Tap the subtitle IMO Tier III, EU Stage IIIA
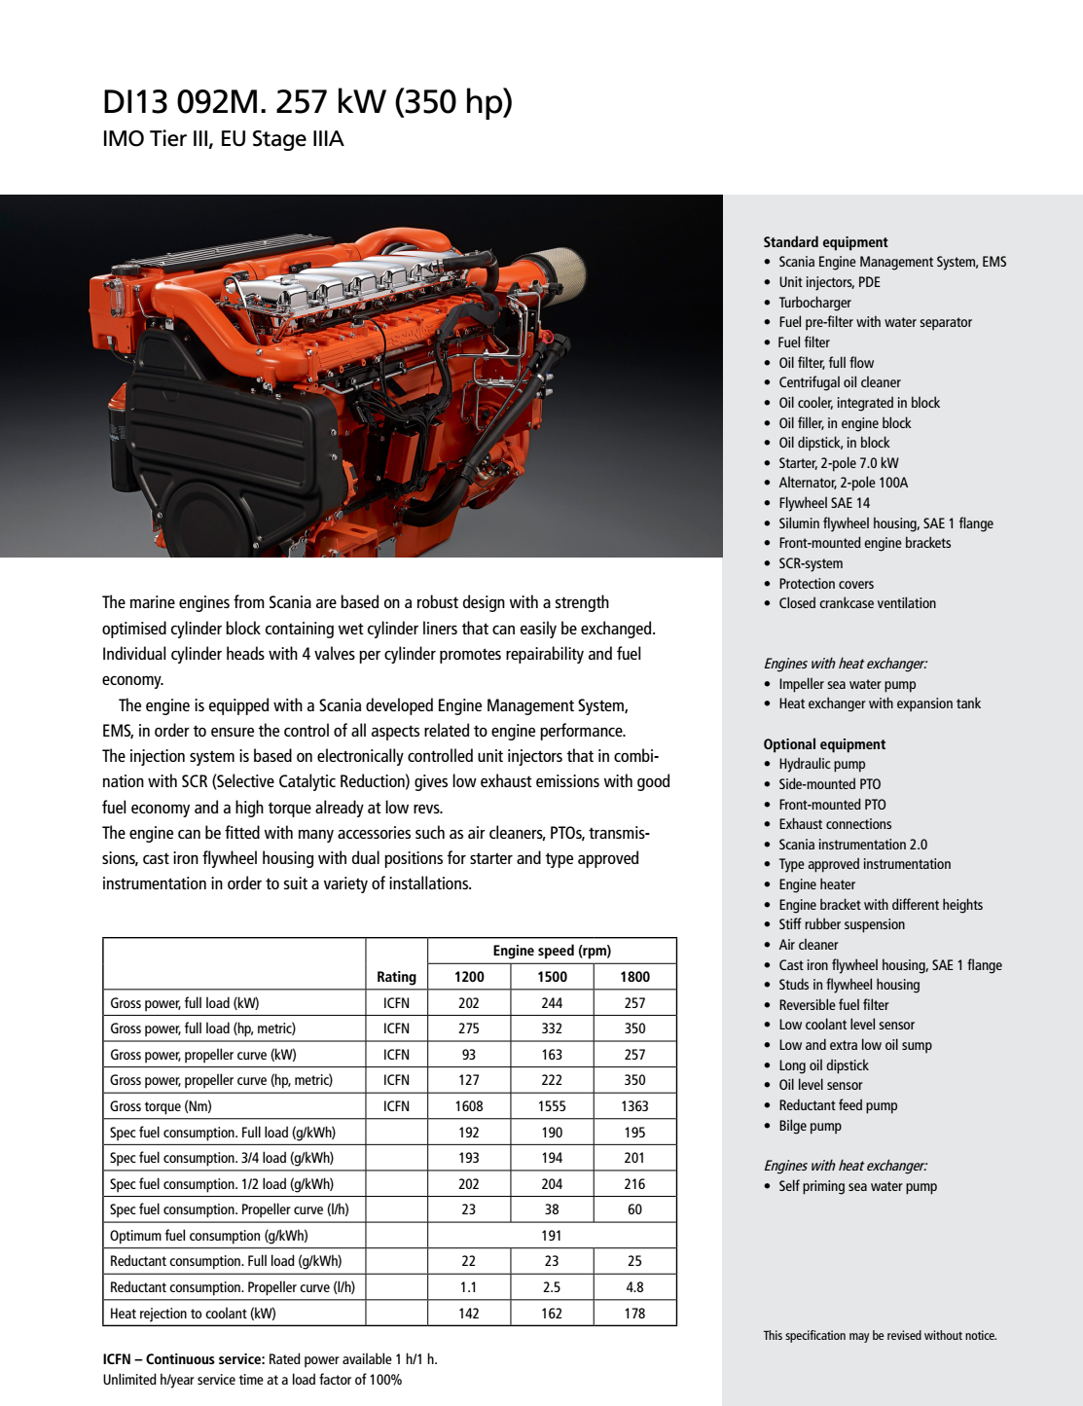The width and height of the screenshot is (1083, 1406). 223,139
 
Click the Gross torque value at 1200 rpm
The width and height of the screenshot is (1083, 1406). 469,1106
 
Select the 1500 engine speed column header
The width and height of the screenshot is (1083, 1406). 552,977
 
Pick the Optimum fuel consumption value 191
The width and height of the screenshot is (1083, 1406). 552,1236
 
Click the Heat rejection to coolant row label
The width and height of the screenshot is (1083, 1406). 193,1314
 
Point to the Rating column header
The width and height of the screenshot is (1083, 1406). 396,977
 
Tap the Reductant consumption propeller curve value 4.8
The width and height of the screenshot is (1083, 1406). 634,1287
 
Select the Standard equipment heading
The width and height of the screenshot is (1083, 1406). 825,242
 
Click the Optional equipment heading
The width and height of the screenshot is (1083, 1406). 824,744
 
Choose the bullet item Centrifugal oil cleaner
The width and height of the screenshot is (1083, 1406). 839,382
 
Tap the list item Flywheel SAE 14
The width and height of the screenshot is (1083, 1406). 824,503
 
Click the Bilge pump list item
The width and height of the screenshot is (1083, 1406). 810,1126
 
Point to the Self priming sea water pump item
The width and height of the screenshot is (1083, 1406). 857,1186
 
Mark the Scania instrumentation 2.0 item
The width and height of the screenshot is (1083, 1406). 852,845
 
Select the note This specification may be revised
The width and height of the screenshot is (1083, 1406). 880,1336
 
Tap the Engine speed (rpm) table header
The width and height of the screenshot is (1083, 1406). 552,951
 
